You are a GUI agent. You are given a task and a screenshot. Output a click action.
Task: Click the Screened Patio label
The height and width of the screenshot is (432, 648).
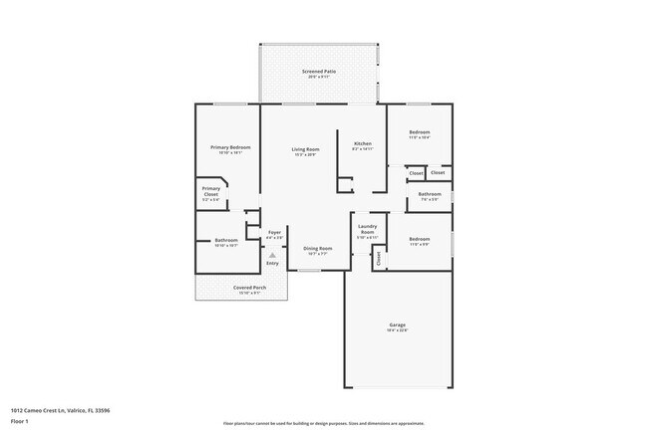pyautogui.click(x=319, y=73)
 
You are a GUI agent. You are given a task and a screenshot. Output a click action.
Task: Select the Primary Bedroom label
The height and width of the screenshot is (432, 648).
pyautogui.click(x=230, y=147)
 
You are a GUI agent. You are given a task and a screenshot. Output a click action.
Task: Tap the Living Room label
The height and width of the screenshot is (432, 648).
pyautogui.click(x=305, y=148)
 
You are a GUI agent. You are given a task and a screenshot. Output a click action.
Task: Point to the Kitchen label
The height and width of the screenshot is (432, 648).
pyautogui.click(x=363, y=144)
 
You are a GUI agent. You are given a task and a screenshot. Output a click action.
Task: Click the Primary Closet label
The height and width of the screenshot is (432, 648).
pyautogui.click(x=211, y=190)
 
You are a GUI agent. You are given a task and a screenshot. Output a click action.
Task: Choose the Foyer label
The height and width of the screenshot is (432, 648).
pyautogui.click(x=274, y=233)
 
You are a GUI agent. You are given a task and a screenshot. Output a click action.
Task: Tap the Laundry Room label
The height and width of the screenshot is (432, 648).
pyautogui.click(x=366, y=230)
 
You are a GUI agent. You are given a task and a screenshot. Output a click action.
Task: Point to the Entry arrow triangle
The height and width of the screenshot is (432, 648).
pyautogui.click(x=272, y=255)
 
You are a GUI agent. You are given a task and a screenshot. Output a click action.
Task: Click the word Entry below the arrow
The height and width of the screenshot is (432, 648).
pyautogui.click(x=272, y=264)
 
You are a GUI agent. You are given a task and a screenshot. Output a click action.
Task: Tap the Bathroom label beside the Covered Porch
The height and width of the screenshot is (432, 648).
pyautogui.click(x=226, y=240)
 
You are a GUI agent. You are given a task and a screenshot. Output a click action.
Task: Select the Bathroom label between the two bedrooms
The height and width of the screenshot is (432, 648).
pyautogui.click(x=430, y=194)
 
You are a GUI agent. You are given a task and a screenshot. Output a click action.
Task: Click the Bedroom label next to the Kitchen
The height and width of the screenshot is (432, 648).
pyautogui.click(x=419, y=132)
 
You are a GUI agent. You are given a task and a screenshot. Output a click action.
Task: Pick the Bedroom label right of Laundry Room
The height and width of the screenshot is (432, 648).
pyautogui.click(x=419, y=239)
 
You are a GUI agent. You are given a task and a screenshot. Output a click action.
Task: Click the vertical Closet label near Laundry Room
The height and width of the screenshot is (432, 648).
pyautogui.click(x=379, y=257)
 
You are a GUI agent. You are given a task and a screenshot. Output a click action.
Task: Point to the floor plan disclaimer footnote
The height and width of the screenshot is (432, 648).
pyautogui.click(x=324, y=422)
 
